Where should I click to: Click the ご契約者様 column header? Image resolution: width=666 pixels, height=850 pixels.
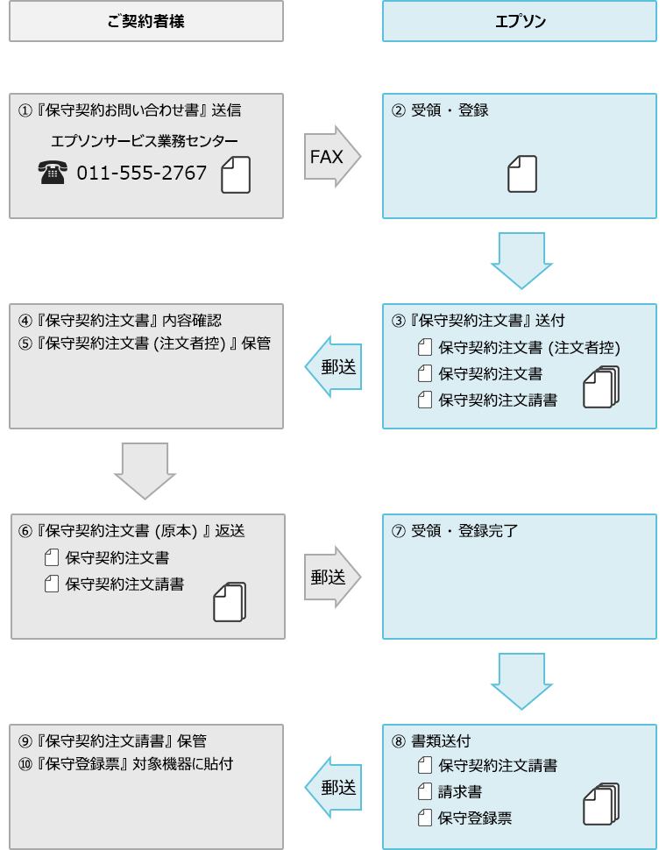click(x=146, y=21)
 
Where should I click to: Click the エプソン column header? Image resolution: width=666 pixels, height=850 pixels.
click(x=520, y=21)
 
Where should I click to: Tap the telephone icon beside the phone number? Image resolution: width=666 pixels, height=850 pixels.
click(x=53, y=173)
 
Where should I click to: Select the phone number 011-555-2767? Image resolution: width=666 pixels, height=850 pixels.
click(x=142, y=173)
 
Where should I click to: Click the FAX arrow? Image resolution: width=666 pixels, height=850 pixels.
click(x=331, y=156)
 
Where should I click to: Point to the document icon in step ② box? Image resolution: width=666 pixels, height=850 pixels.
click(x=522, y=174)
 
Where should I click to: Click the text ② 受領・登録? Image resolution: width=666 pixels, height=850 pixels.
click(x=440, y=110)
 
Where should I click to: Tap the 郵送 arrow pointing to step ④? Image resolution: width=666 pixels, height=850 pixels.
click(x=334, y=367)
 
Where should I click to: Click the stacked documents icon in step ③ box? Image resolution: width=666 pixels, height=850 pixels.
click(x=601, y=386)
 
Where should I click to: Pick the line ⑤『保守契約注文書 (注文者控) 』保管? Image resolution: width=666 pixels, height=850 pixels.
click(x=145, y=344)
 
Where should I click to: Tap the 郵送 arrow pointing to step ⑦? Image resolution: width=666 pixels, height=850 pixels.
click(x=331, y=577)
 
